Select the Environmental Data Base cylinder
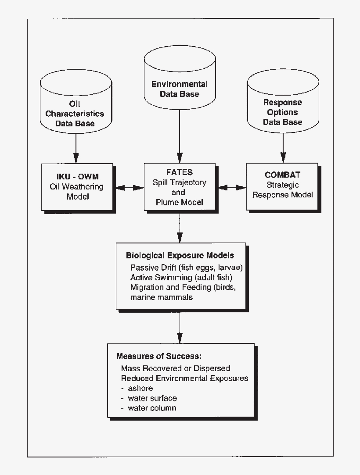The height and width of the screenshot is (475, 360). [179, 83]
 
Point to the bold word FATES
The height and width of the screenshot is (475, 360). [180, 172]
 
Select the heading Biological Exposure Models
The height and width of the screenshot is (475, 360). [180, 255]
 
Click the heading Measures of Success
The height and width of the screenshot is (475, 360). [159, 356]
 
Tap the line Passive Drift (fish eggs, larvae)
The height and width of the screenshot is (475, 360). [187, 267]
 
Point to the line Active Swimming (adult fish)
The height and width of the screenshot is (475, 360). [181, 277]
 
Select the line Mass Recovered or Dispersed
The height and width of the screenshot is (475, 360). [176, 368]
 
